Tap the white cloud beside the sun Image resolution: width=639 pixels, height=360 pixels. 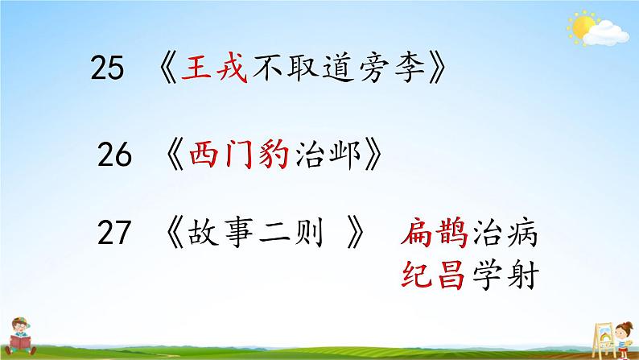[x=608, y=34]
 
